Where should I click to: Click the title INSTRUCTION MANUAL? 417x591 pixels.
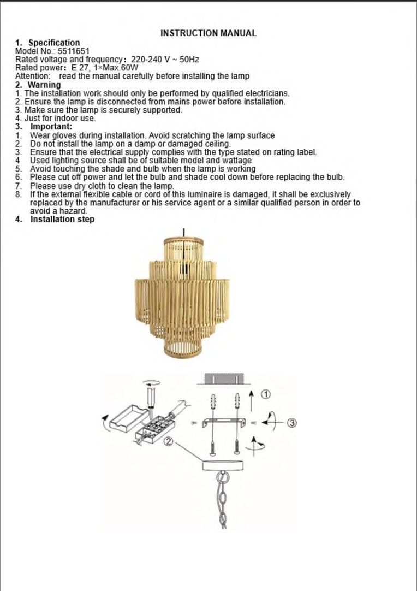[x=208, y=33]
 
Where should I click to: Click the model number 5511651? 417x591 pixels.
[x=74, y=51]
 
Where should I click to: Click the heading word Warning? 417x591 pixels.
[x=44, y=85]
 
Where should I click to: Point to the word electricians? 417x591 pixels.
[x=267, y=93]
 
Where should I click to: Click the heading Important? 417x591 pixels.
[x=51, y=127]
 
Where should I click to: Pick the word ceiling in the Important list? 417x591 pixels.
[x=218, y=144]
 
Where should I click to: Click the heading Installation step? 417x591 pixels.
[x=63, y=220]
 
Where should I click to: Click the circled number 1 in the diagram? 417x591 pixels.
[x=266, y=394]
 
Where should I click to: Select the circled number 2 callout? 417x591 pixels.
[x=169, y=441]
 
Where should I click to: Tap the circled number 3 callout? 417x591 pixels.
[x=293, y=423]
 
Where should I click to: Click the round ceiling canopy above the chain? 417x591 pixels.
[x=223, y=465]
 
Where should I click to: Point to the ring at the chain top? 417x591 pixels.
[x=223, y=477]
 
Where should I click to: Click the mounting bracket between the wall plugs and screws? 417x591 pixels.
[x=224, y=422]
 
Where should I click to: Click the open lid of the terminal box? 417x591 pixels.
[x=129, y=418]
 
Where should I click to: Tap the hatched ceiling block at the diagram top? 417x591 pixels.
[x=224, y=379]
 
